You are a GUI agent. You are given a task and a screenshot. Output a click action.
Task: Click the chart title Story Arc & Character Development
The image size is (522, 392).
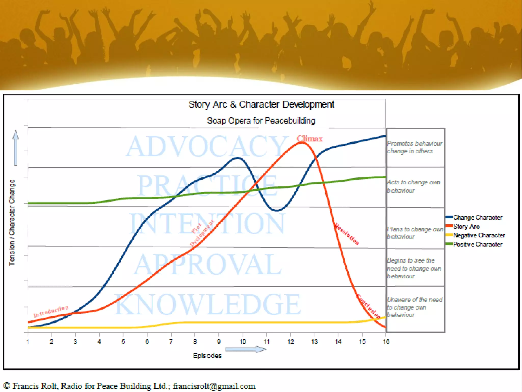[x=261, y=104]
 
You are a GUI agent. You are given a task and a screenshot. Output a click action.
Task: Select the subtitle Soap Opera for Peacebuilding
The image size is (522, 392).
[x=261, y=121]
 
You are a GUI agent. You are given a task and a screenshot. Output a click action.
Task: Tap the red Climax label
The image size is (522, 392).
[x=309, y=139]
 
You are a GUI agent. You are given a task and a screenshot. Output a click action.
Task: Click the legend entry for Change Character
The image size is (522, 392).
[x=477, y=217]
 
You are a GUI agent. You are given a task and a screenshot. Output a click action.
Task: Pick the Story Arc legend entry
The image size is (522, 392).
[x=466, y=226]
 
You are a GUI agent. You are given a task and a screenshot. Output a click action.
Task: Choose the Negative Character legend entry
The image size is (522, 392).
[x=479, y=235]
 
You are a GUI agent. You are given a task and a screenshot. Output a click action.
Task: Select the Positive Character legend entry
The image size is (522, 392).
[x=477, y=244]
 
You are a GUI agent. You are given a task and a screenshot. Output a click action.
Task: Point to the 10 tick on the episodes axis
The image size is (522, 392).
[x=243, y=342]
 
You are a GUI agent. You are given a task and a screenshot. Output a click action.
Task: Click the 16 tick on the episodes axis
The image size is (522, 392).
[x=386, y=342]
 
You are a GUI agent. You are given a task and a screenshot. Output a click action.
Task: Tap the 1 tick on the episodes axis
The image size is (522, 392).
[x=28, y=342]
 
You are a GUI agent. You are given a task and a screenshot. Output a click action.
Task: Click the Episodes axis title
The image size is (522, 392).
[x=207, y=355]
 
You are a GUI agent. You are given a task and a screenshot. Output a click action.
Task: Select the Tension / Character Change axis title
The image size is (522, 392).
[x=12, y=222]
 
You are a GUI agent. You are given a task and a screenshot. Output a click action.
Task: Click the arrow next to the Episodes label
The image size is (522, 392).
[x=246, y=349]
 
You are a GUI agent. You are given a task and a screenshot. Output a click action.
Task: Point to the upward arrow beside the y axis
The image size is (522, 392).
[x=16, y=148]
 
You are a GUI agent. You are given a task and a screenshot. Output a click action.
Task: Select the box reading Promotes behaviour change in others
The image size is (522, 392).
[x=415, y=147]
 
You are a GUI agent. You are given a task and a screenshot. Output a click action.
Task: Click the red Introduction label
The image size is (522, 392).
[x=51, y=311]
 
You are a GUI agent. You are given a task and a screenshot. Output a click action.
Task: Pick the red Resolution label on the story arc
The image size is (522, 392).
[x=347, y=234]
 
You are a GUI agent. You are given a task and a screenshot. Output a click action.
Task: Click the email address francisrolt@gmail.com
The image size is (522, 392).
[x=214, y=386]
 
